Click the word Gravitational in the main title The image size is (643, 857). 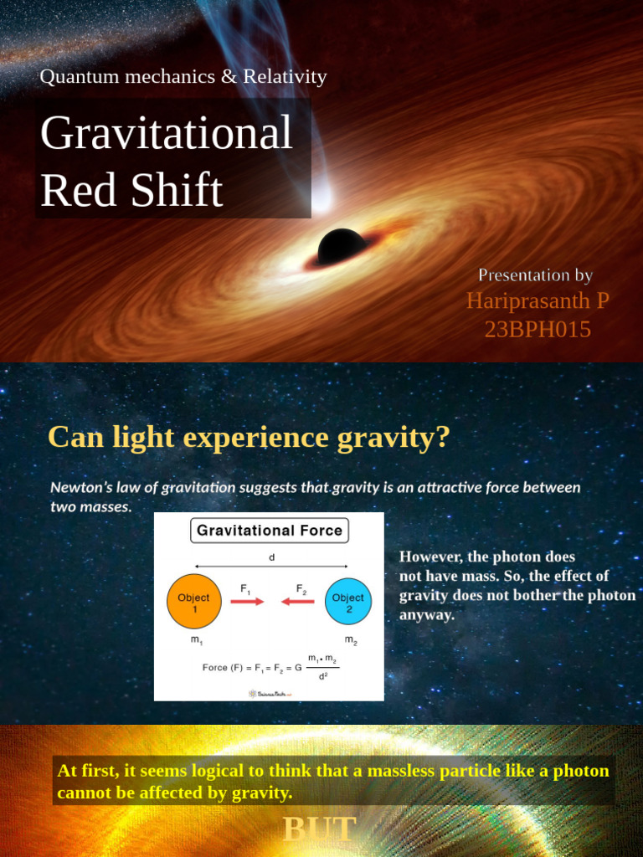click(x=167, y=133)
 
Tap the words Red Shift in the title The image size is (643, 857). click(x=131, y=190)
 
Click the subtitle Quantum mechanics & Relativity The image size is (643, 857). click(x=183, y=78)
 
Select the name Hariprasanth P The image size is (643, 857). click(x=538, y=301)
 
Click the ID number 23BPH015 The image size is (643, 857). click(x=538, y=330)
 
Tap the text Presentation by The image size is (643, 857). click(x=535, y=275)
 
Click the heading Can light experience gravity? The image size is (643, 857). click(x=249, y=437)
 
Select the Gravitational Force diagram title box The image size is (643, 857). click(x=269, y=531)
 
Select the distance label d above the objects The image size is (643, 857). click(x=271, y=557)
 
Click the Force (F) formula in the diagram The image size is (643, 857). click(x=270, y=667)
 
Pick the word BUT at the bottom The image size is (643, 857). click(x=320, y=829)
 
